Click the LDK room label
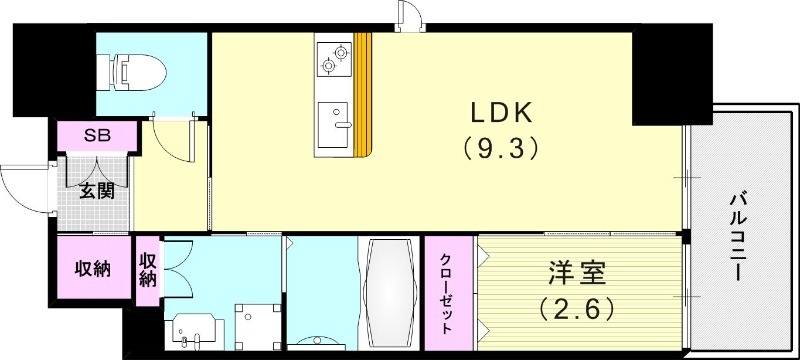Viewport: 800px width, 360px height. [503, 112]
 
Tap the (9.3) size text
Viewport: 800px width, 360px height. [502, 150]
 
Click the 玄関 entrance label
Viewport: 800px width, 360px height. [96, 190]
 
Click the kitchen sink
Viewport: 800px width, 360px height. [334, 125]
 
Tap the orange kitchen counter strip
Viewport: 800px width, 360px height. [364, 95]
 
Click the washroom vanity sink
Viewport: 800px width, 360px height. [193, 327]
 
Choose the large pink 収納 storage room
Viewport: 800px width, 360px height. [93, 268]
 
